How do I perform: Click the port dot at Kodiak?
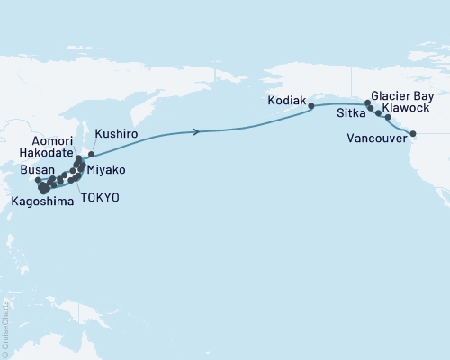[311, 106]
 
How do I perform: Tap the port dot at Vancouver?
[413, 135]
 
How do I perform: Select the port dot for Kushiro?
[91, 154]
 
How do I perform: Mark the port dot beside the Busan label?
[39, 180]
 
